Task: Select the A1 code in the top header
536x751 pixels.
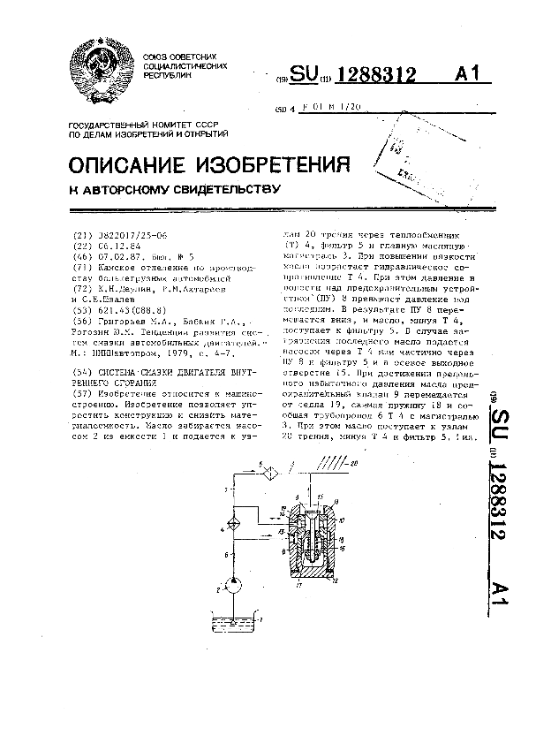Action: point(468,75)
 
